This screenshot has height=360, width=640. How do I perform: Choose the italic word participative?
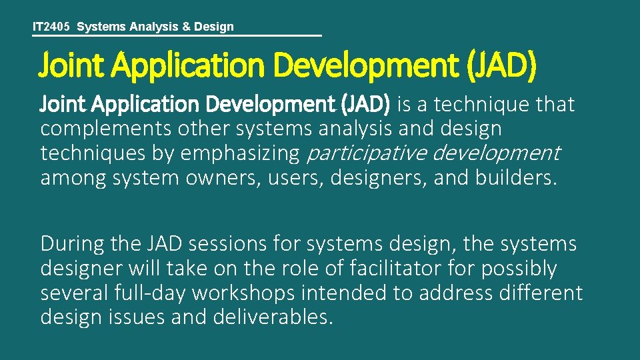(x=365, y=153)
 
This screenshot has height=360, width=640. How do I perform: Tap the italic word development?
(x=497, y=153)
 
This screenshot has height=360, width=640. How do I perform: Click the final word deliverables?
(x=271, y=317)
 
